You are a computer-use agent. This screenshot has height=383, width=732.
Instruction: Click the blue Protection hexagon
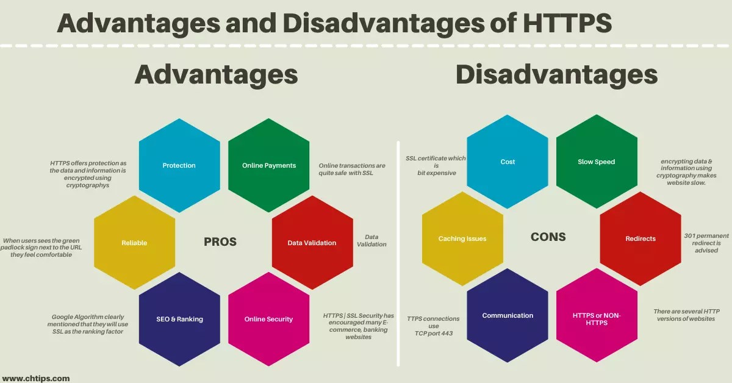tap(179, 165)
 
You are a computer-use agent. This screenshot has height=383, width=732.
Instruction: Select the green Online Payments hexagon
tap(269, 165)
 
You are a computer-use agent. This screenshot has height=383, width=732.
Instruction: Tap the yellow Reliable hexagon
tap(134, 243)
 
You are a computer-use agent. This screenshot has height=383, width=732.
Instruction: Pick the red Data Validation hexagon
tap(312, 243)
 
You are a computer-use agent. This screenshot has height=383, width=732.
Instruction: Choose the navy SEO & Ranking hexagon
tap(179, 319)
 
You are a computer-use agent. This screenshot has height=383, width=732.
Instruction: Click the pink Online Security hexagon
tap(269, 319)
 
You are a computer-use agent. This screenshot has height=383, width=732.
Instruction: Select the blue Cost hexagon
tap(508, 162)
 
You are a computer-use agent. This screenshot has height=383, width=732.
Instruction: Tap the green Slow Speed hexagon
tap(597, 162)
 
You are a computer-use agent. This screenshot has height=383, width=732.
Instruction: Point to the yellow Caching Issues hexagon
tap(462, 238)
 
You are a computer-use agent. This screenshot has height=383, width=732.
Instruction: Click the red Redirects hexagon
tap(640, 238)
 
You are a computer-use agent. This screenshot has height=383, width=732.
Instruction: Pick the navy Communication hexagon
tap(508, 315)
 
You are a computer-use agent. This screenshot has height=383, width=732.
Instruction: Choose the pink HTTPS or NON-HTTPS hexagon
tap(597, 318)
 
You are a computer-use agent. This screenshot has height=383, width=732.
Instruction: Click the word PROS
tap(220, 242)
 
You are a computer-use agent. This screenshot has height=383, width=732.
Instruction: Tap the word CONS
tap(548, 237)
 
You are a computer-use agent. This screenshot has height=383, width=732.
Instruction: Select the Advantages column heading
tap(216, 75)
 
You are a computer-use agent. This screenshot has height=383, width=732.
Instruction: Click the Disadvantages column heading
tap(556, 75)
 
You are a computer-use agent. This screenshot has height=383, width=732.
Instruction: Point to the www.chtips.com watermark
tap(36, 378)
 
